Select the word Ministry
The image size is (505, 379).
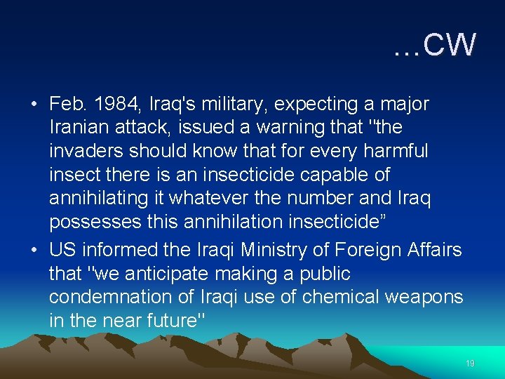coord(237,250)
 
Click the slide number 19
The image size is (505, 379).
coord(470,364)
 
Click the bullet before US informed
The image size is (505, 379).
coord(34,251)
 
